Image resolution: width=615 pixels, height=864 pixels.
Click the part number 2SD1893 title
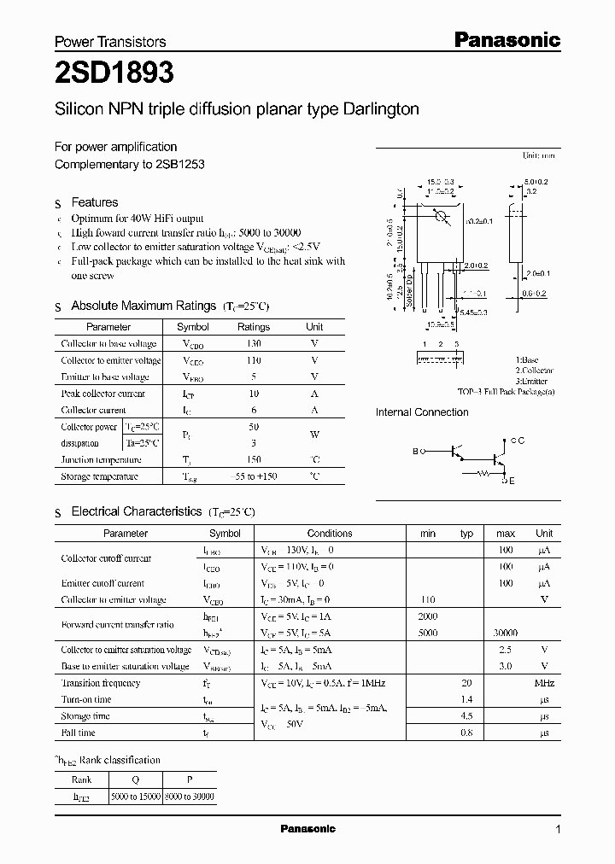point(114,73)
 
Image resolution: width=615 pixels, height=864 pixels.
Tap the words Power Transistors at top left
point(110,41)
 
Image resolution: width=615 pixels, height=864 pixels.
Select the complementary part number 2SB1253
point(179,164)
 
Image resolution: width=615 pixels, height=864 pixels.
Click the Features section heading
point(94,202)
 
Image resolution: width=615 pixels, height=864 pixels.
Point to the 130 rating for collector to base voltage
point(253,343)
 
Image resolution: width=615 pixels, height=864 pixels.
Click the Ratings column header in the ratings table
point(253,327)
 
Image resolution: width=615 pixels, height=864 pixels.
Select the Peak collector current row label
point(102,394)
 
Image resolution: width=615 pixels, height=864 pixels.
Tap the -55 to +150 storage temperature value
point(253,476)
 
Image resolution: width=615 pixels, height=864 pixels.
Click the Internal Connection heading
point(422,412)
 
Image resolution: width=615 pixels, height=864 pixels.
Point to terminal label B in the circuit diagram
point(416,450)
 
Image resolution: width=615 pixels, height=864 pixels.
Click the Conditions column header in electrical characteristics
point(330,534)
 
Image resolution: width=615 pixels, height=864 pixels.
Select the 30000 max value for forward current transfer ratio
point(505,633)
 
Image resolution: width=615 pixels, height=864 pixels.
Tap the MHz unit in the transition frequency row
point(544,684)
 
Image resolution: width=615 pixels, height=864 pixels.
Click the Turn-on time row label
point(85,700)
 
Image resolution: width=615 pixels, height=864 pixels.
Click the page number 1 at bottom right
point(558,830)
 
